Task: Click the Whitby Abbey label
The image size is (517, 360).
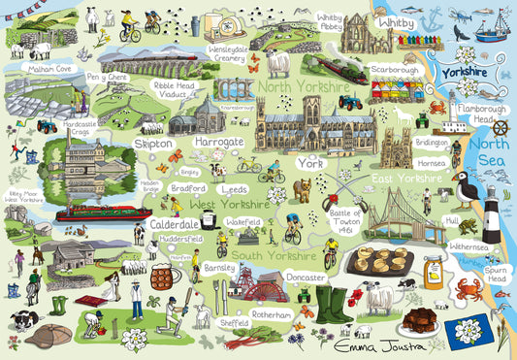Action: (x=330, y=22)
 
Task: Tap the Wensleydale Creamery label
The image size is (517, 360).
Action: (x=229, y=52)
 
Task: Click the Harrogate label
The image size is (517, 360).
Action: (x=218, y=142)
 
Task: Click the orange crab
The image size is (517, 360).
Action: (x=469, y=288)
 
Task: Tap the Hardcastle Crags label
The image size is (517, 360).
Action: (x=79, y=127)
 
